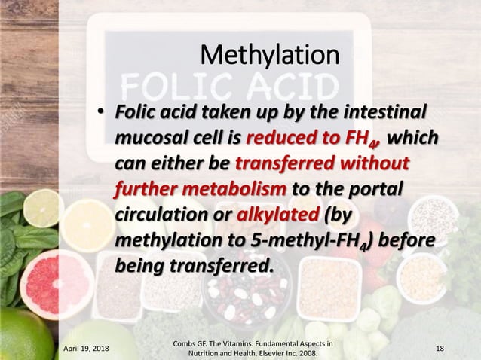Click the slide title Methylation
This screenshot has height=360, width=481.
[x=269, y=55]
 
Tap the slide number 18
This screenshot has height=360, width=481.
[x=440, y=349]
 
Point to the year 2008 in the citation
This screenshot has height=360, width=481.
[x=305, y=353]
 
